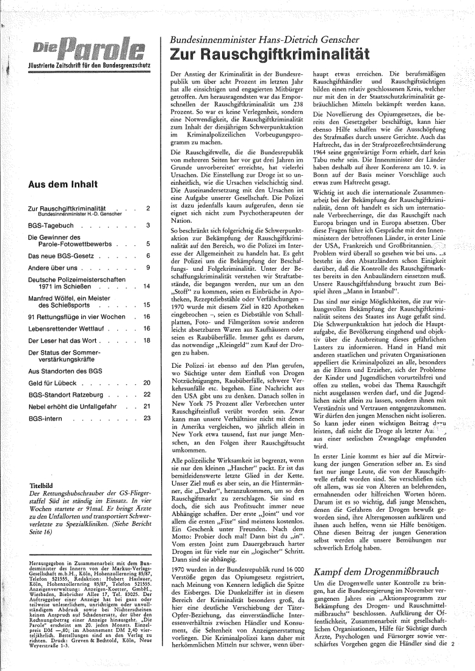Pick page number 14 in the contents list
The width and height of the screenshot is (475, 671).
tap(147, 285)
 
